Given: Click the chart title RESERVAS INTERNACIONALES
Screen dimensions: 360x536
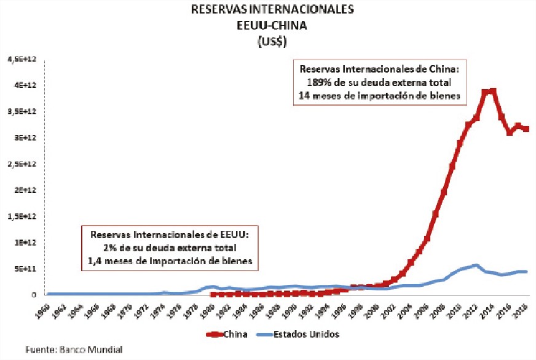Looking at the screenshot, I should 267,10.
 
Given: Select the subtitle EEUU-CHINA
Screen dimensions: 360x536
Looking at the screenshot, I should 267,26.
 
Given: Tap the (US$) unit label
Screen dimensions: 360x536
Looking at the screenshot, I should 267,42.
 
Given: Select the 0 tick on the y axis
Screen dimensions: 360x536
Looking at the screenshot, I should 28,295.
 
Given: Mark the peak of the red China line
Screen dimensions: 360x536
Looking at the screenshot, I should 492,92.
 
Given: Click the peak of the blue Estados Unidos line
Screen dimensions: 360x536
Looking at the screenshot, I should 476,266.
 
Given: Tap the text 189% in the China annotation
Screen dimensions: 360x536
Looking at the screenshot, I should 318,82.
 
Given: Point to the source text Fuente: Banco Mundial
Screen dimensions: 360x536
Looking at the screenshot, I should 73,350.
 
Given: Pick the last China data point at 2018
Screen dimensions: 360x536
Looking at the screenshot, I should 526,129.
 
